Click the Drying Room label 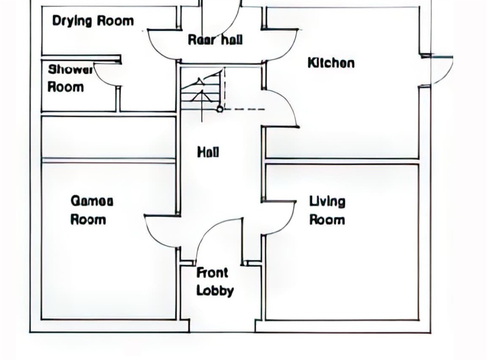pyautogui.click(x=93, y=21)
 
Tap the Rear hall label pyautogui.click(x=215, y=40)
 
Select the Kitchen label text pyautogui.click(x=331, y=63)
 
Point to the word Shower pyautogui.click(x=71, y=70)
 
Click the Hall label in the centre pyautogui.click(x=208, y=152)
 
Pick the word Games pyautogui.click(x=92, y=201)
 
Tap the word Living pyautogui.click(x=327, y=202)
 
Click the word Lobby pyautogui.click(x=215, y=291)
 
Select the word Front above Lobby pyautogui.click(x=212, y=273)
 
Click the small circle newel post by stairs pyautogui.click(x=220, y=109)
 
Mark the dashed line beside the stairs pyautogui.click(x=244, y=109)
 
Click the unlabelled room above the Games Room pyautogui.click(x=109, y=137)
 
